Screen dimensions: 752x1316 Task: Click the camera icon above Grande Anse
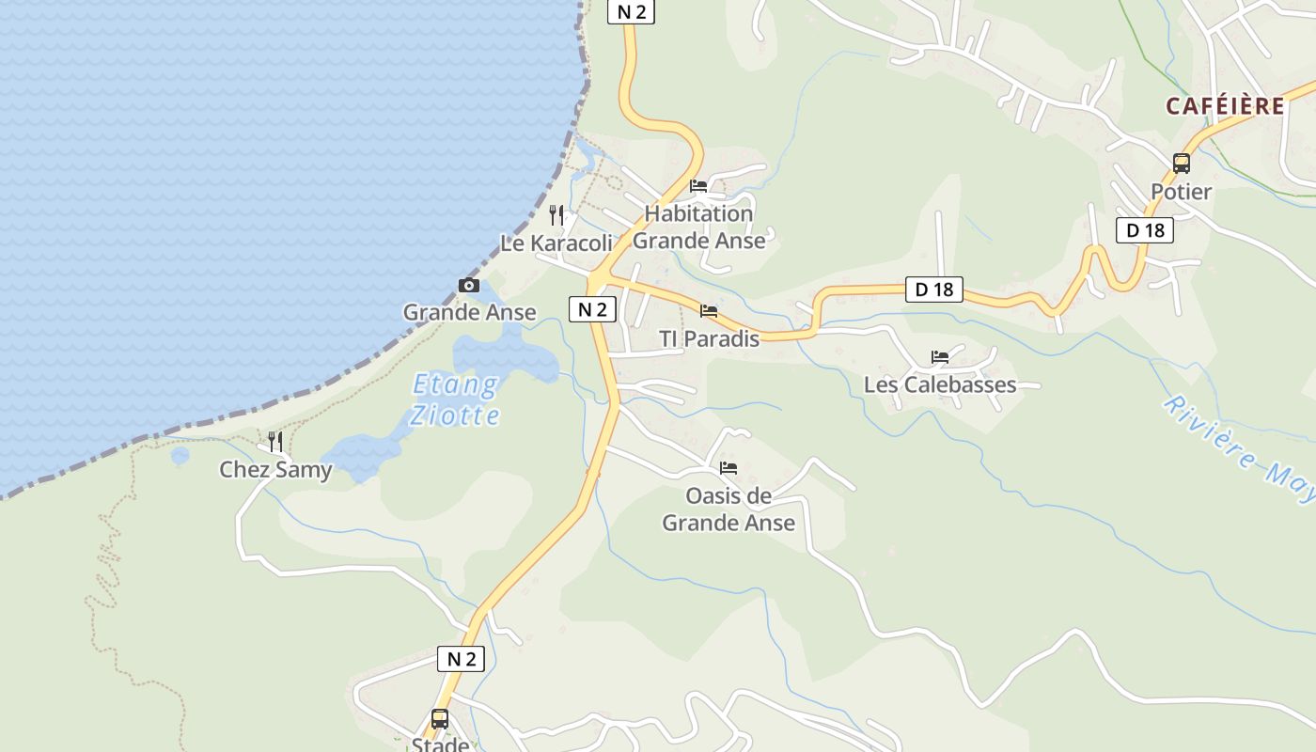(468, 286)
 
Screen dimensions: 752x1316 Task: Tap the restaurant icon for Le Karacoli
(556, 215)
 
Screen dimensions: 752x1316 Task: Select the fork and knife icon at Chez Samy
(275, 441)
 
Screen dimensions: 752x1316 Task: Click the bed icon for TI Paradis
(709, 310)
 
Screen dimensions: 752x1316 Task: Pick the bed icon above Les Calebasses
(940, 357)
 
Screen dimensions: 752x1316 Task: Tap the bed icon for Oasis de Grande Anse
(728, 468)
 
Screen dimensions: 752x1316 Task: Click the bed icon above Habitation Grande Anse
(698, 186)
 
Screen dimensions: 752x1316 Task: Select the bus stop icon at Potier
(1182, 164)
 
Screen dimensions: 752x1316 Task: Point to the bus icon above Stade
(440, 719)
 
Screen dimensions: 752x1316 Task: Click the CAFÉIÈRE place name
(1225, 106)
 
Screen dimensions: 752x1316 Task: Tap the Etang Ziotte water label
(456, 399)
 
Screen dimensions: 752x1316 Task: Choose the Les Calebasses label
(940, 384)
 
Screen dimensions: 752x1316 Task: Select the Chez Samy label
(275, 469)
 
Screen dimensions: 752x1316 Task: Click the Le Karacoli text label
(556, 243)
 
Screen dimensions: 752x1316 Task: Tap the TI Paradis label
(709, 338)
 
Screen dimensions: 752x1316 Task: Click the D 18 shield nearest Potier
(1145, 230)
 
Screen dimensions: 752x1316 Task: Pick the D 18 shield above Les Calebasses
(934, 290)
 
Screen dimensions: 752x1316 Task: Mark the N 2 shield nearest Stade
(462, 659)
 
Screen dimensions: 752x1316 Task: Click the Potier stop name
(1182, 192)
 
